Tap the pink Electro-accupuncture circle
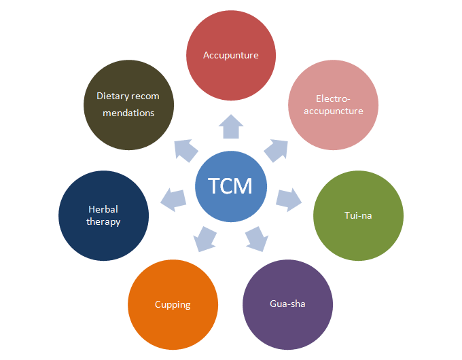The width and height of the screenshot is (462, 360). point(334,105)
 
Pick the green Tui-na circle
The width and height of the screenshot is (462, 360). point(358,216)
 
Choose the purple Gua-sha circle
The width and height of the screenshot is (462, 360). point(287,303)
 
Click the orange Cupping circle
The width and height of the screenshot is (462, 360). point(173,304)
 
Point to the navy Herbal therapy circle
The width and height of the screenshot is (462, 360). point(104,215)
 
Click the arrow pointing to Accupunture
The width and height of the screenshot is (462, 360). point(231,127)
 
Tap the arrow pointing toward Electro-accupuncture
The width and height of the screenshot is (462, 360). point(276,150)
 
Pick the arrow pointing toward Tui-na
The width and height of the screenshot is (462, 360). point(289,198)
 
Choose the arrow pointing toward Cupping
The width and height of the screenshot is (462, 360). point(205,238)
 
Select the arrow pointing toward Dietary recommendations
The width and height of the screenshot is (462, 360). point(186,149)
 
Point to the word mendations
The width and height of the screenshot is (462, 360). point(128,113)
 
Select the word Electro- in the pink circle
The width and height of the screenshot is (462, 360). point(334,98)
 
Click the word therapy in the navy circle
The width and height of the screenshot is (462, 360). point(104,221)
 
